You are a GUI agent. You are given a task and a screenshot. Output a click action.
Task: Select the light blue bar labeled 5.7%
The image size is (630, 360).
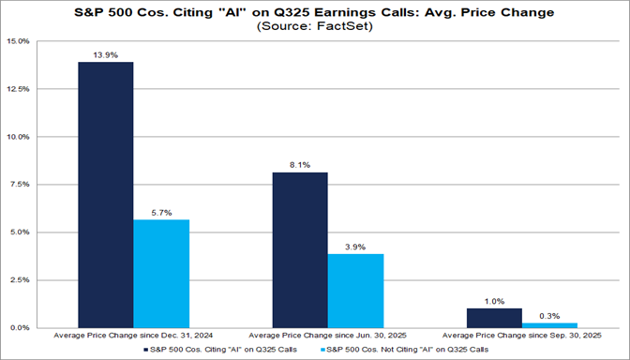point(162,273)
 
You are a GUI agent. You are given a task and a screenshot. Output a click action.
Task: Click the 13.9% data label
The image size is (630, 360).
point(104,55)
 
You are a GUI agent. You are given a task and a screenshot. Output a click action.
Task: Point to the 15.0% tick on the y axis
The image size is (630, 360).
point(20,41)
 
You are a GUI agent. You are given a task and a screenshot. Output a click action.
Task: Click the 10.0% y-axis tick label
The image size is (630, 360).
point(20,137)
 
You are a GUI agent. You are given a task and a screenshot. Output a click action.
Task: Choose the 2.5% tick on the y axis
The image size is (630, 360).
point(22,279)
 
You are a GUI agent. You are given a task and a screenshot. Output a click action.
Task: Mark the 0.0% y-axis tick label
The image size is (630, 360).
point(22,327)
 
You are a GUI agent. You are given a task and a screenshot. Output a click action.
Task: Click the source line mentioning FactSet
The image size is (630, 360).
point(315,27)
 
